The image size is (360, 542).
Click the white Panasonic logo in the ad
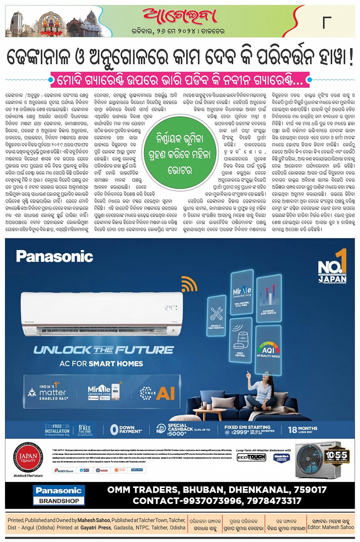[54, 256]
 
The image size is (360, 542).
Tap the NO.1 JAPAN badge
[333, 266]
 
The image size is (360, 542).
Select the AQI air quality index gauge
[268, 348]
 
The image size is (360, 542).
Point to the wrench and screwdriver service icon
[216, 314]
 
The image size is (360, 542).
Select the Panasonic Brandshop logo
[59, 495]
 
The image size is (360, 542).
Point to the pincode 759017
[307, 489]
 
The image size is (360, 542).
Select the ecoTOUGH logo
[251, 457]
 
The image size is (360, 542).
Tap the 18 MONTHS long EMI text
[302, 429]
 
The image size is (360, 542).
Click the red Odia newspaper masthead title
[179, 16]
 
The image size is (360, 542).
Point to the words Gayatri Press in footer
[95, 528]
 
